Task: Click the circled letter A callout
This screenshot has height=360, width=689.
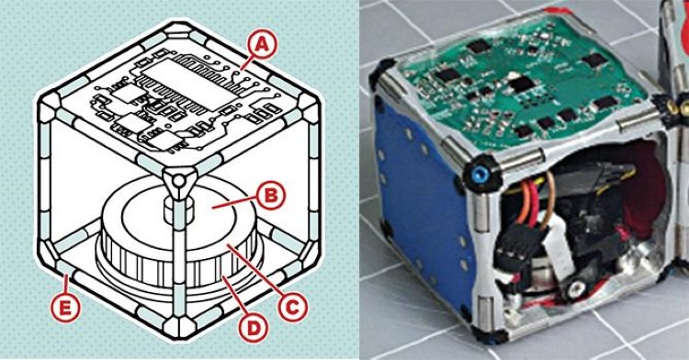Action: pos(262,46)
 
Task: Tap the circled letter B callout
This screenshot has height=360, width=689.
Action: pos(271,195)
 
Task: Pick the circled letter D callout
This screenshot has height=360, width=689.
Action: pos(254,328)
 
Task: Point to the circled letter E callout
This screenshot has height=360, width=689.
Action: pos(65,309)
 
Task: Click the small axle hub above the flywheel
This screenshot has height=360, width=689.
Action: pos(178,210)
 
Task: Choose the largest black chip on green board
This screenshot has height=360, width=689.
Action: pos(522,84)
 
